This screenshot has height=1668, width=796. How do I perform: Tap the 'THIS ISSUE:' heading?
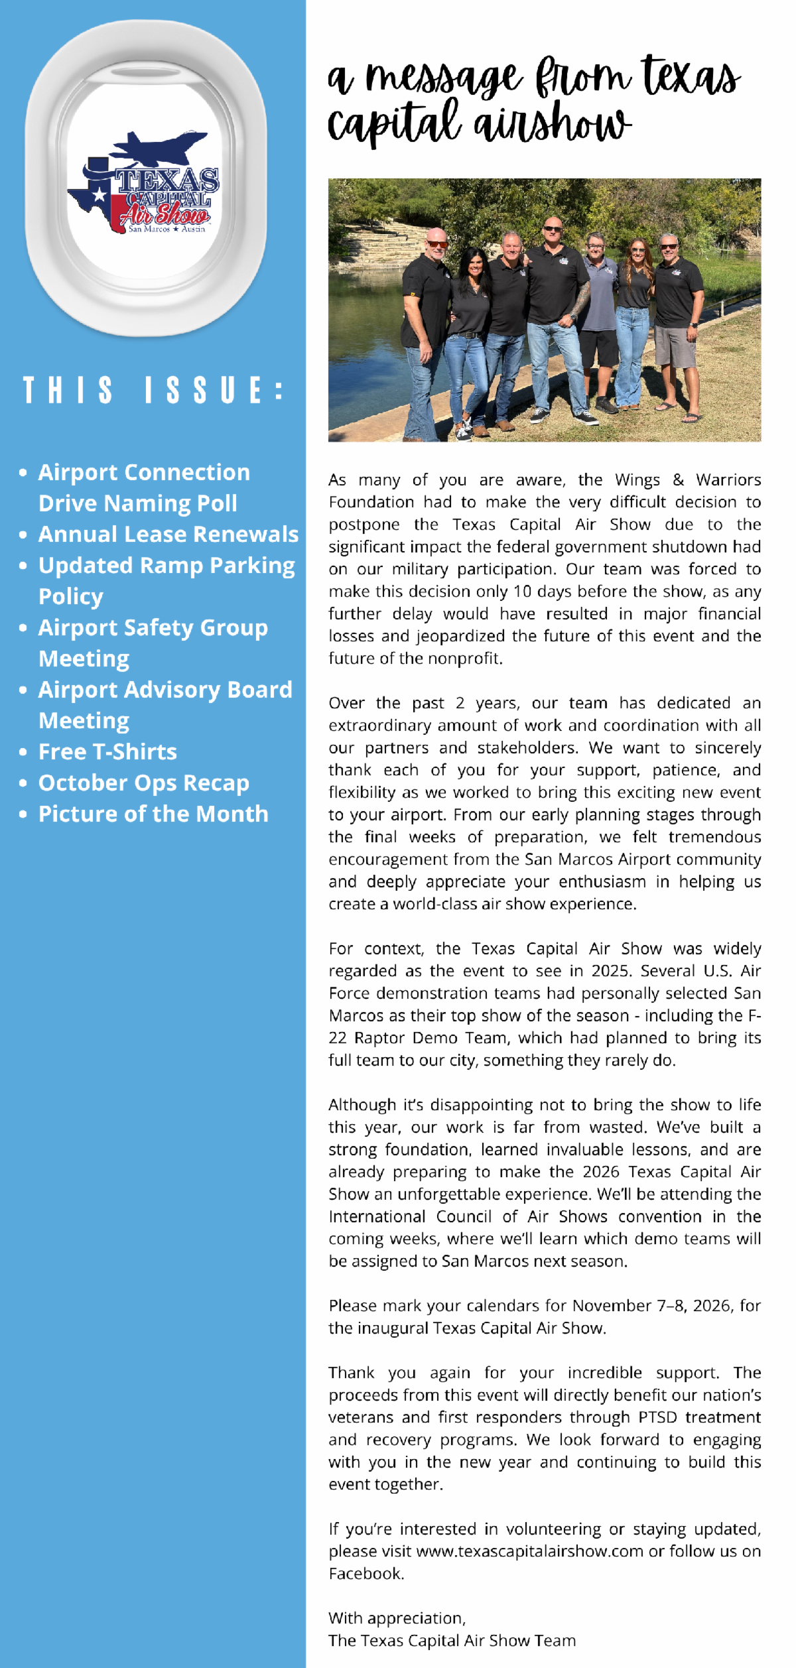click(x=153, y=390)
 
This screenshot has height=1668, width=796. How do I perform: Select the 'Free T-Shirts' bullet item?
click(x=107, y=751)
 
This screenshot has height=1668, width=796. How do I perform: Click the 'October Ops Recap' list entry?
click(x=143, y=783)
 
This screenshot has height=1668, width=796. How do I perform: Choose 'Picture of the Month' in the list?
click(x=153, y=814)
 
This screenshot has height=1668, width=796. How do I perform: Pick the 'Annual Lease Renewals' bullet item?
click(x=168, y=534)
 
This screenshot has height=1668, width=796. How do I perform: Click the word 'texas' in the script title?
click(x=691, y=76)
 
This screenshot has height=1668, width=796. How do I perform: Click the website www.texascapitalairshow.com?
click(x=529, y=1551)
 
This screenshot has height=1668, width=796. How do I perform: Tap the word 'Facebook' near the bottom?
click(x=365, y=1574)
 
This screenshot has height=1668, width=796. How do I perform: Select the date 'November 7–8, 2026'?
click(x=653, y=1306)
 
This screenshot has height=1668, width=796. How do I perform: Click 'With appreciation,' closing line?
click(x=397, y=1618)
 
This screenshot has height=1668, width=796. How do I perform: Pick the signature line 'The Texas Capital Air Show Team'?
click(x=452, y=1640)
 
